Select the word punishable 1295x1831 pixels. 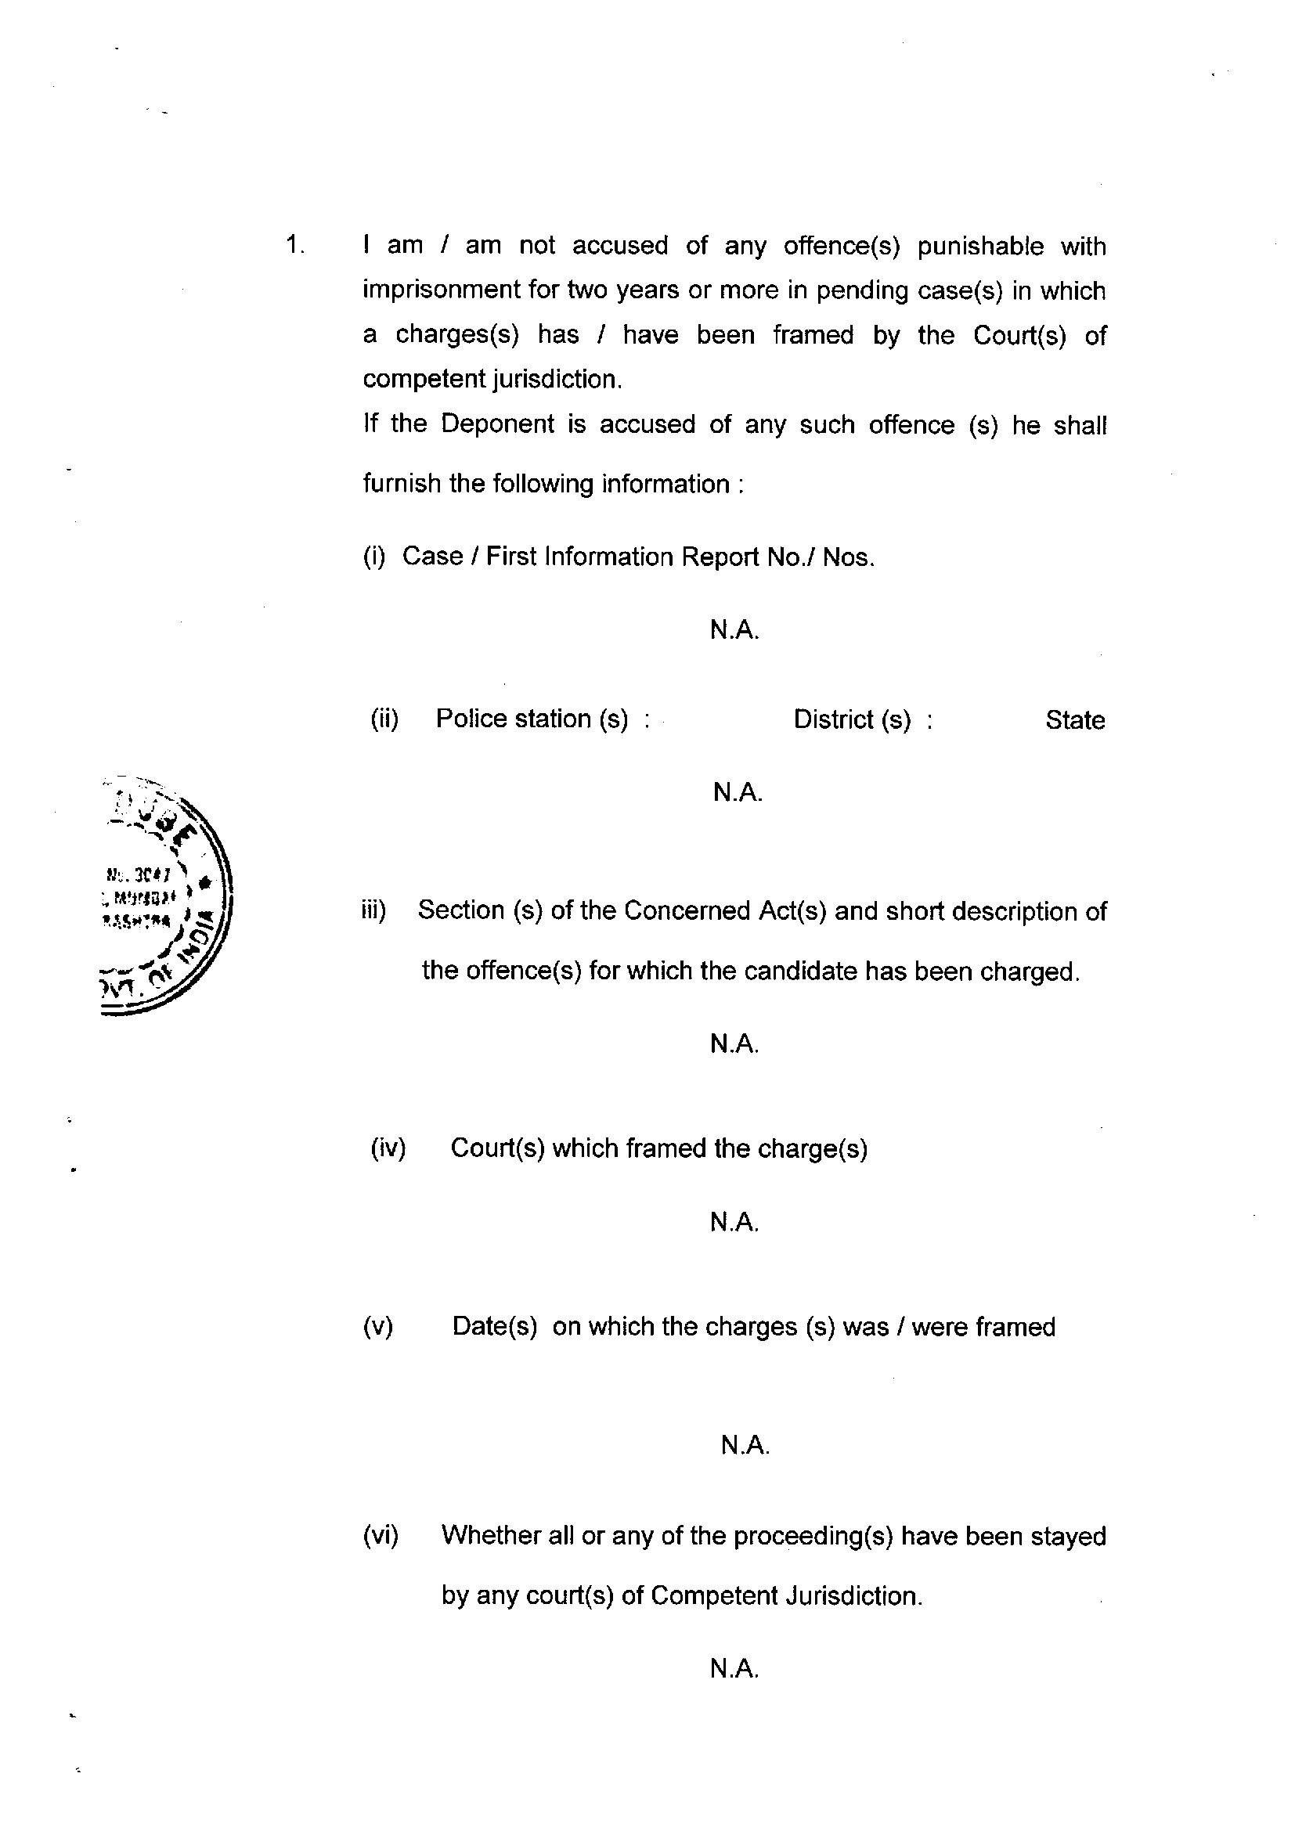[980, 247]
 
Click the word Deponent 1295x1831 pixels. [497, 424]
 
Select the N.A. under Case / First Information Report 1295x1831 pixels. [734, 631]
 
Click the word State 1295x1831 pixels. [1074, 720]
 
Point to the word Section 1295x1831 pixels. [461, 910]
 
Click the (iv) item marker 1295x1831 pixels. [388, 1148]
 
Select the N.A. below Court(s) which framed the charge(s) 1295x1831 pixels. [734, 1222]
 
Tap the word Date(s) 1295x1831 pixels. [494, 1327]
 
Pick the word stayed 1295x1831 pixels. [1068, 1536]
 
